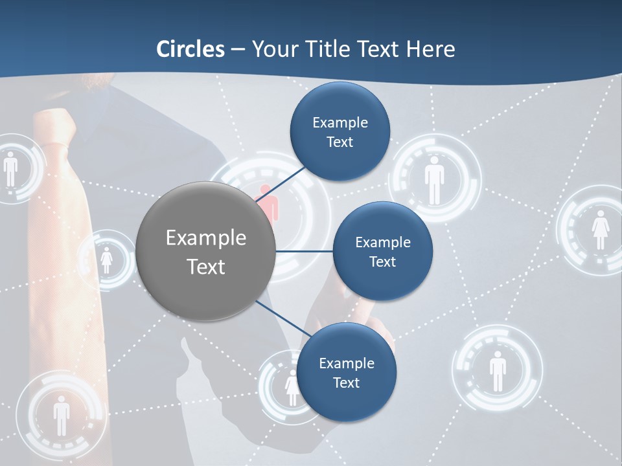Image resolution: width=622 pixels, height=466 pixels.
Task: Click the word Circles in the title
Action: pos(190,49)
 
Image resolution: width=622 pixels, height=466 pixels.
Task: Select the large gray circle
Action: pos(205,251)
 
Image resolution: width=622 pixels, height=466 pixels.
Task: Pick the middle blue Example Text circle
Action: pos(382,251)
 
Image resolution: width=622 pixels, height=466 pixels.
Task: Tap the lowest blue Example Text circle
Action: pos(346,372)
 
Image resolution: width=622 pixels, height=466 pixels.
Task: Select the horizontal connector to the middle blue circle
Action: pos(304,251)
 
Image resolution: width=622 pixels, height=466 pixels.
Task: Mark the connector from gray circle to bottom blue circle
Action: pos(279,318)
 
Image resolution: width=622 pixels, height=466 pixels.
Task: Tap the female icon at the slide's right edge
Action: pos(600,229)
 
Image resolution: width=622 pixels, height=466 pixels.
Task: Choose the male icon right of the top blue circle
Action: pos(434,183)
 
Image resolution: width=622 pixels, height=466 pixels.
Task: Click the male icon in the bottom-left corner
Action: pos(62,414)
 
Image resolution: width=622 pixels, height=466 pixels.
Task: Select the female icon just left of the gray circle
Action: pos(107,260)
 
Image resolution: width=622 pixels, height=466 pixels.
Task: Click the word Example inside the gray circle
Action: pos(205,238)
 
